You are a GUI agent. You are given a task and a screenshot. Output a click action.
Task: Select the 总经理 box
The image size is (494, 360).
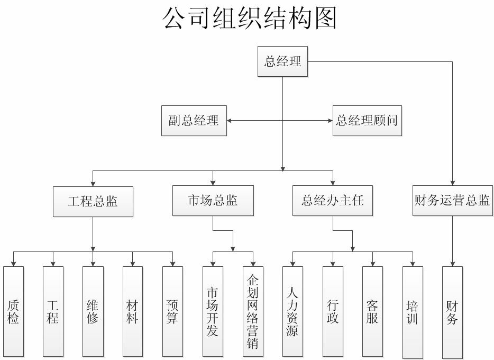click(x=282, y=62)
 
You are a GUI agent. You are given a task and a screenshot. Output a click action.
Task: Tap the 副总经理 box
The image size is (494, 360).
click(x=194, y=121)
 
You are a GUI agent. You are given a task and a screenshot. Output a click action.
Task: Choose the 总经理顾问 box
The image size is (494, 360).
click(x=366, y=121)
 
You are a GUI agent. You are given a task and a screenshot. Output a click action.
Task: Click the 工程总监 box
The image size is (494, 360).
click(x=93, y=201)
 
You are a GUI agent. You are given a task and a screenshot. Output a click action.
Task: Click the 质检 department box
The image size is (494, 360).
click(x=13, y=311)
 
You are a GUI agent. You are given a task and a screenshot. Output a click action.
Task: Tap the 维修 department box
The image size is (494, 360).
click(x=93, y=311)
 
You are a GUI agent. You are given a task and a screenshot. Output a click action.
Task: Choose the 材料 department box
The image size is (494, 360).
click(x=133, y=311)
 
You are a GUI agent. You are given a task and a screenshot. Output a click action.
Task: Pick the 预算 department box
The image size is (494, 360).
click(x=172, y=311)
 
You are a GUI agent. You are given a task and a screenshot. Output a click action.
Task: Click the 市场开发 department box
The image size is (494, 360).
click(x=213, y=311)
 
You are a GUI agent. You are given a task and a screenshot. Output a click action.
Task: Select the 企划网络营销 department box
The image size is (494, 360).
click(x=253, y=311)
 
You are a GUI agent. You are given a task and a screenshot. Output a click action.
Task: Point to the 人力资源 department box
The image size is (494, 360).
click(x=292, y=311)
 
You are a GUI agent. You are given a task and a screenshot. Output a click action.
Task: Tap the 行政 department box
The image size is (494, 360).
click(x=333, y=311)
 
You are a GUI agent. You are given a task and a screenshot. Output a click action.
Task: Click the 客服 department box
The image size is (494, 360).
click(x=372, y=311)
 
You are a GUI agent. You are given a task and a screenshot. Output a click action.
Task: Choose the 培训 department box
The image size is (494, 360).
click(x=413, y=311)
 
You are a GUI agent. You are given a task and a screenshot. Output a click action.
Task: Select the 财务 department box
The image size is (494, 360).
click(x=452, y=311)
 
